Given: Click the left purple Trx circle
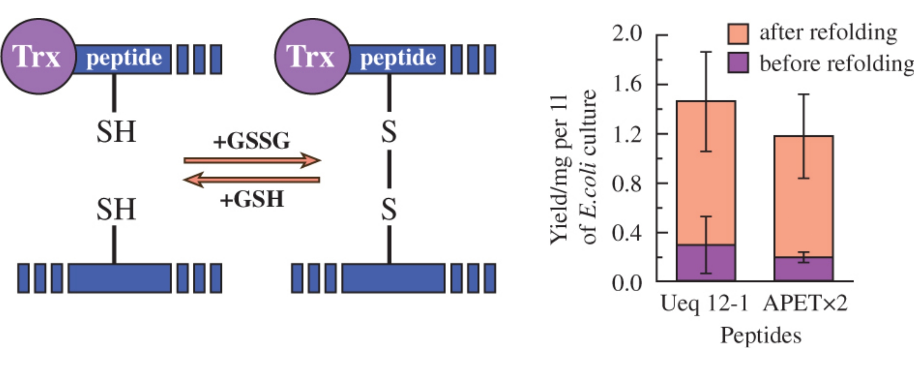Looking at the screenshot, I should point(38,56).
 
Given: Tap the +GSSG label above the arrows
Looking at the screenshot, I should point(252,140).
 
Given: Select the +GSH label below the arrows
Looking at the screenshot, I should point(252,199).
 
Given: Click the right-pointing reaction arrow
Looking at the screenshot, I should point(252,160).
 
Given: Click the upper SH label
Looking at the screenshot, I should point(116,131).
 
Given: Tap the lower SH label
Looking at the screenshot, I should point(116,209).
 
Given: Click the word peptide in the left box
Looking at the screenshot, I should point(124,58).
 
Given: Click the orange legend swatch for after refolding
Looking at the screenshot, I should point(738,33).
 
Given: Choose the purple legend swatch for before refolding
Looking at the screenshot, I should point(738,63).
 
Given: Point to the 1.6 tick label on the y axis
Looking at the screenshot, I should point(627,84).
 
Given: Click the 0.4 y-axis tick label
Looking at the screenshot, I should point(627,233).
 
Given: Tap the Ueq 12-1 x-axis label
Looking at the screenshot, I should point(704,304).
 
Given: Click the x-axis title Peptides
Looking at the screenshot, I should point(760,335).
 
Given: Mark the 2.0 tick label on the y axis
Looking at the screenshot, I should point(627,33).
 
